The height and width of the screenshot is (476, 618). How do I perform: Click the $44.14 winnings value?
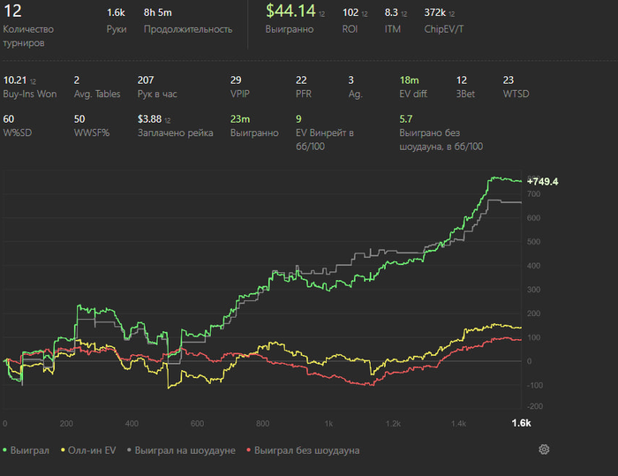[x=290, y=11]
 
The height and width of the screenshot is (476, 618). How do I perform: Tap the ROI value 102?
[x=350, y=12]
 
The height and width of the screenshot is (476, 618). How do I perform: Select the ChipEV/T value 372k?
[x=435, y=12]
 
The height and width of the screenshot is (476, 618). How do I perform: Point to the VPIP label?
[x=240, y=93]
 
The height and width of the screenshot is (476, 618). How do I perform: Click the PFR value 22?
[x=301, y=79]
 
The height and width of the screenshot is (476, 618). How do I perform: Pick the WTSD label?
[x=514, y=93]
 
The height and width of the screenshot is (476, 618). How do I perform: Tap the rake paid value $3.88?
[x=150, y=118]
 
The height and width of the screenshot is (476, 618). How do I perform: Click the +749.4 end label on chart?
[x=542, y=181]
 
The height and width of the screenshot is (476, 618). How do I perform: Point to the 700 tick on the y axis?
[x=533, y=193]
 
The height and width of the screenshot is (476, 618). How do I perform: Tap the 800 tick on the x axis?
[x=263, y=424]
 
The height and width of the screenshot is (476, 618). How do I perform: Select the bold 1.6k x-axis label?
[x=521, y=424]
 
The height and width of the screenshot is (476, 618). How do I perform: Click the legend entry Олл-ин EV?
[x=88, y=450]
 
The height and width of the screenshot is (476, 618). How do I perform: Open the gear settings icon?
[x=544, y=450]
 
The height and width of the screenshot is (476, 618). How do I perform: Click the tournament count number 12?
[x=13, y=11]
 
